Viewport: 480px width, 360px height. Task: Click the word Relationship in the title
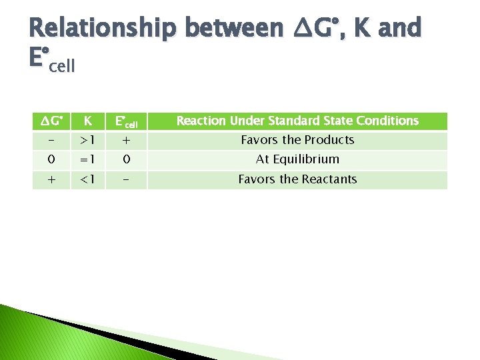point(103,28)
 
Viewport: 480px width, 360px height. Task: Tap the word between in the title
point(234,28)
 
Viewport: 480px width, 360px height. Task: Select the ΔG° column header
point(51,121)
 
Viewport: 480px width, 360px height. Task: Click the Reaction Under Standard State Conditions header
point(297,121)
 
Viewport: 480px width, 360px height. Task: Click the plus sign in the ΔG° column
point(51,179)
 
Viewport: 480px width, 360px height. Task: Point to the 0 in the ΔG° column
point(51,159)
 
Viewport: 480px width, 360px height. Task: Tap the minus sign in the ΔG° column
point(51,140)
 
